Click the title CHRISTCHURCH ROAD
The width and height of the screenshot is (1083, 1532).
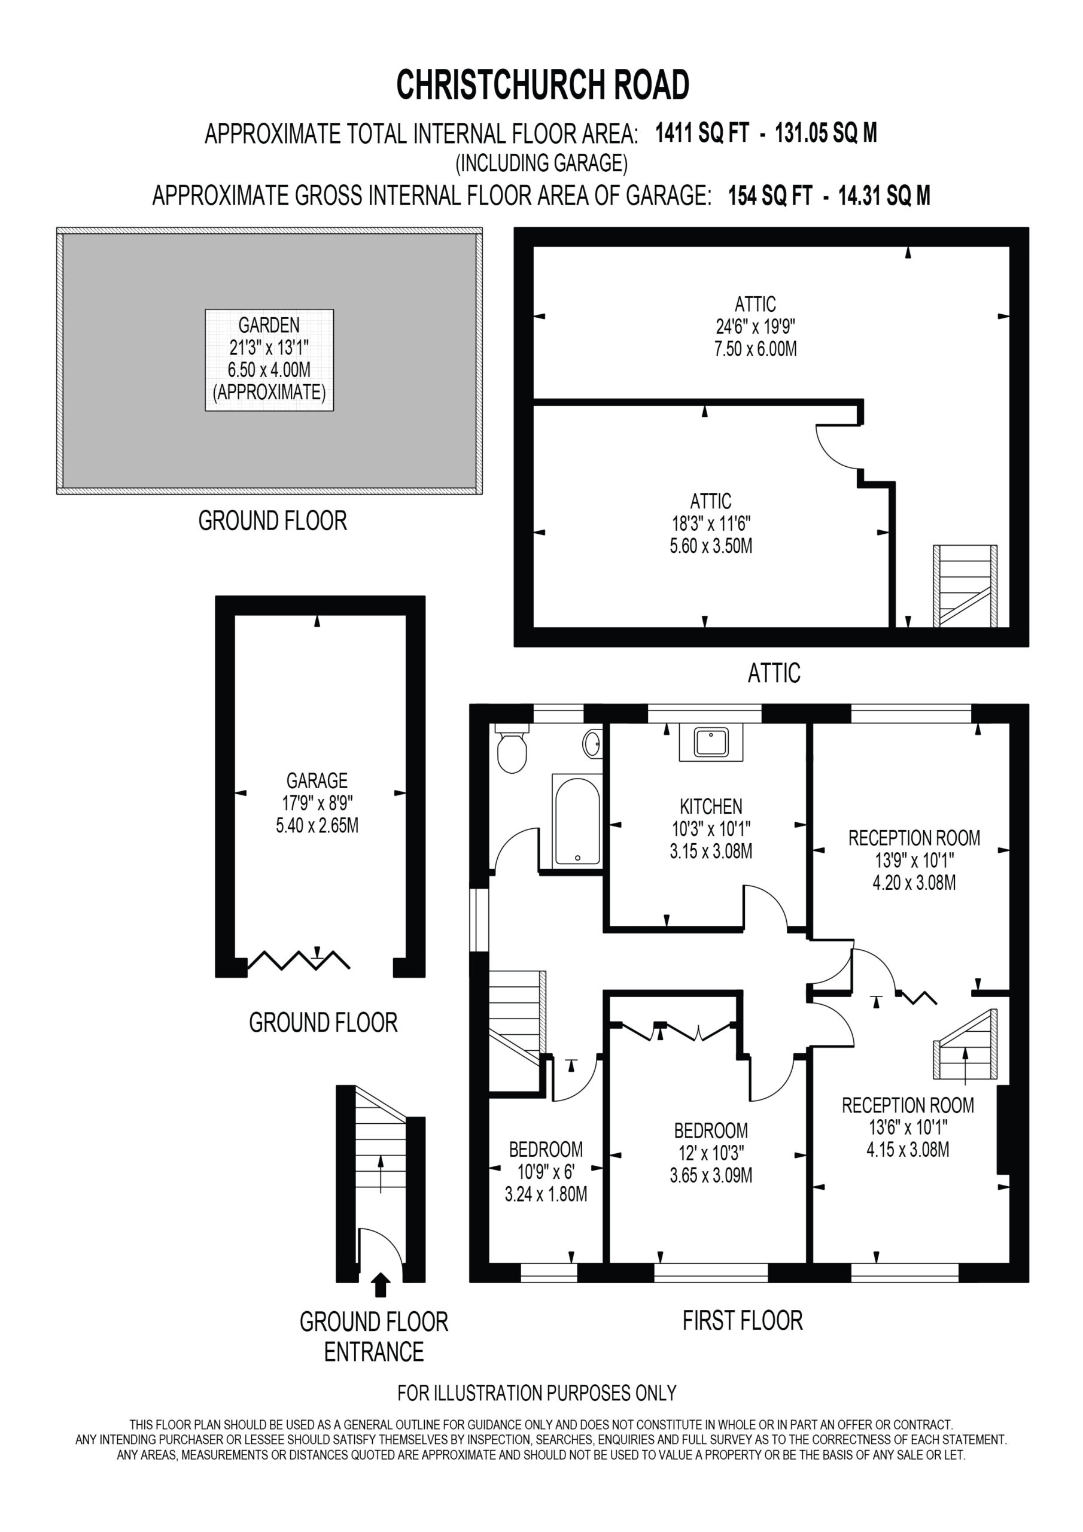pos(543,86)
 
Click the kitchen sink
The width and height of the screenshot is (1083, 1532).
pos(711,742)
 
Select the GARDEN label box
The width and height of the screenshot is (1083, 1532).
pos(269,360)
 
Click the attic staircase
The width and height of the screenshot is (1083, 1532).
pos(965,586)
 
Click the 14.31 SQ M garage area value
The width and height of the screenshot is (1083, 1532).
pos(884,196)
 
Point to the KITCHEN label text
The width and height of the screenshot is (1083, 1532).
pos(711,806)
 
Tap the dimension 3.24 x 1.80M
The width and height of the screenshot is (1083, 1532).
pos(546,1194)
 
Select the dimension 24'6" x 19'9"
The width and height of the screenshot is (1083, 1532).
pos(755,326)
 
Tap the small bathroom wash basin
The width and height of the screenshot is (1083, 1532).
pos(592,743)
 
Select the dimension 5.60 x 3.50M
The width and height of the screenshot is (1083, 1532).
pos(711,546)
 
